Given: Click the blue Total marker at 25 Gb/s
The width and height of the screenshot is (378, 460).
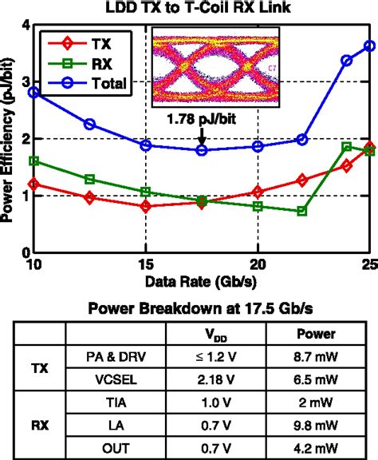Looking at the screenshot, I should [x=369, y=46].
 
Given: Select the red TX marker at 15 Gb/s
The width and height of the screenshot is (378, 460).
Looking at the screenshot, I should [x=145, y=206].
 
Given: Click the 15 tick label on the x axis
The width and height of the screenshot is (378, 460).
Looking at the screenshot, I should [x=145, y=264].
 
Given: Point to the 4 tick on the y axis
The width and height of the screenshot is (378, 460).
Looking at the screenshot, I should [x=26, y=26].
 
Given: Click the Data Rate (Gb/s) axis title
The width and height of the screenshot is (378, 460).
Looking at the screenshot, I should [x=201, y=280].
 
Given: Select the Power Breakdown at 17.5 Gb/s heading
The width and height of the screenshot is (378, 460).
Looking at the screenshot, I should [x=201, y=307].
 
